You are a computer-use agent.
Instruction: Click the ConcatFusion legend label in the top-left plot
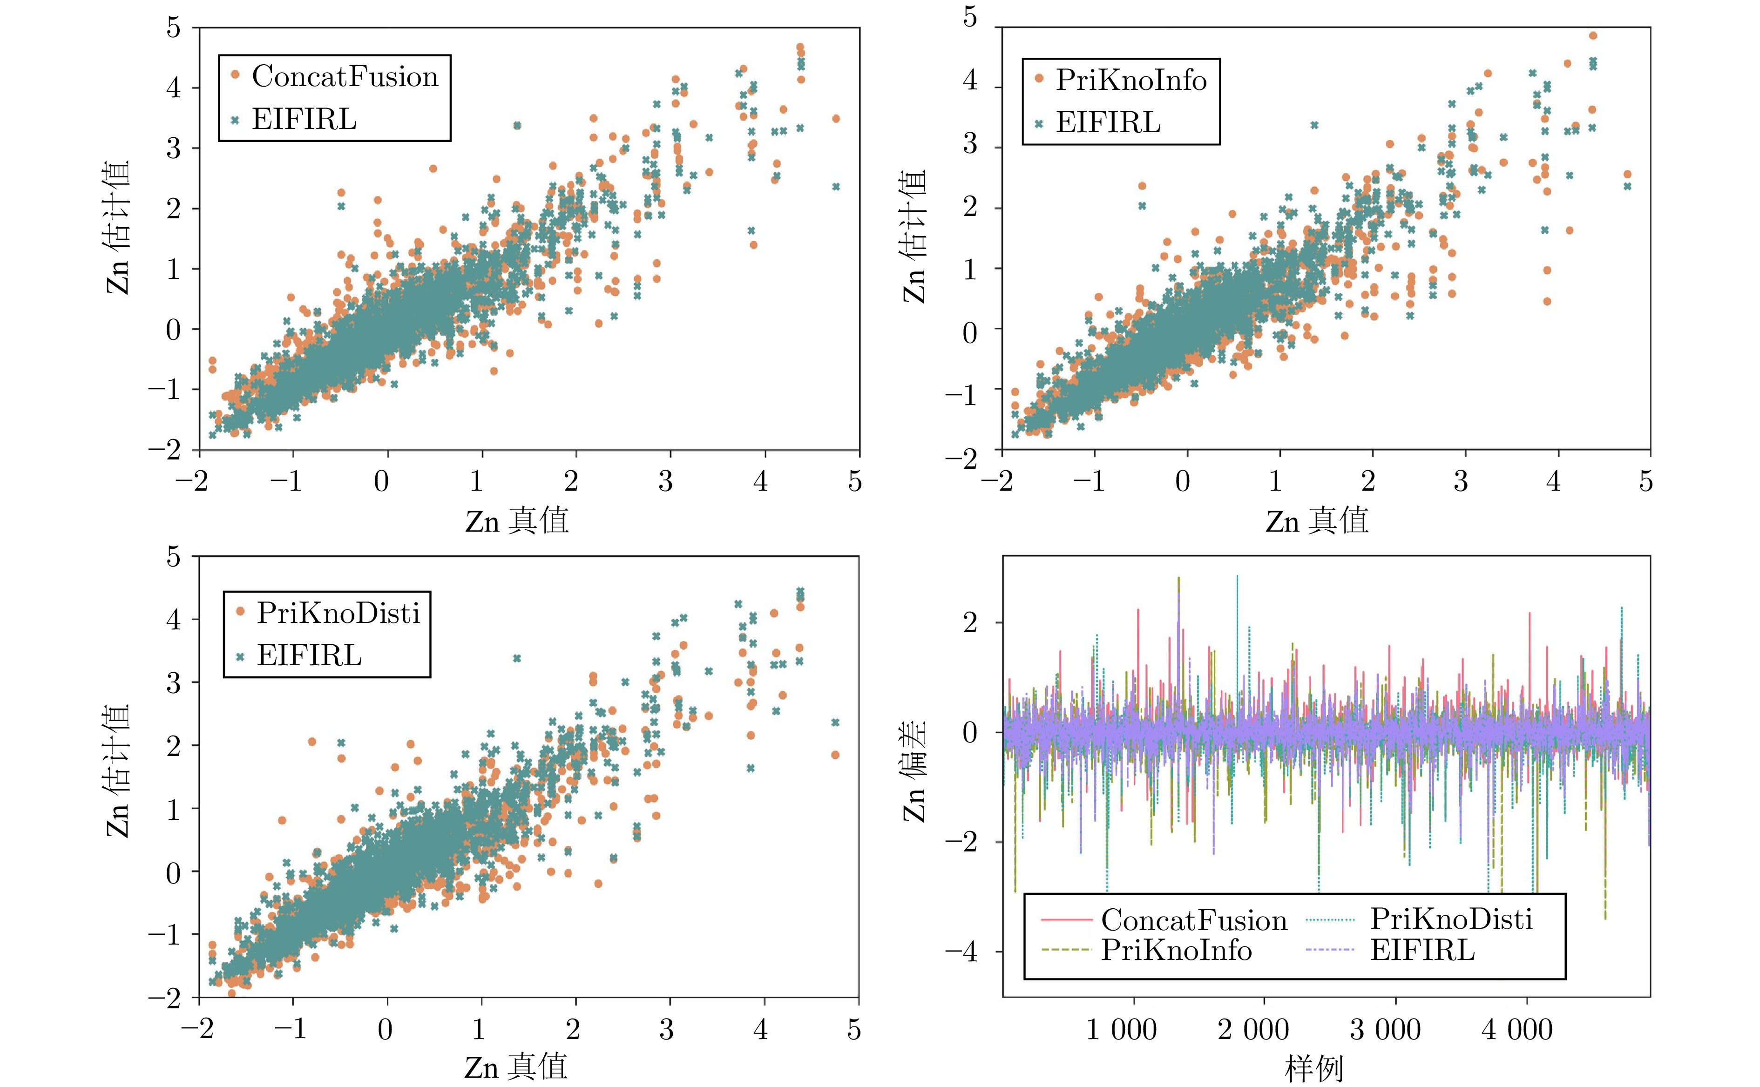(x=345, y=77)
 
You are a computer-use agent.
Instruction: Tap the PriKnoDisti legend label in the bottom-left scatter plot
(x=338, y=613)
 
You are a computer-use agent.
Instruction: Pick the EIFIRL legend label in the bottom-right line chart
(x=1422, y=951)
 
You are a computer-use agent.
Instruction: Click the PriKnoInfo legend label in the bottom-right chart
(x=1176, y=951)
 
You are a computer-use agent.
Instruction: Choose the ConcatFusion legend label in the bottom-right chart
(x=1193, y=920)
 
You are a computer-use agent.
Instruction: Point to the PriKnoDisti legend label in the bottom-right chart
(x=1451, y=919)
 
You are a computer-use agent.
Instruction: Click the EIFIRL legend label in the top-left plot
(x=304, y=119)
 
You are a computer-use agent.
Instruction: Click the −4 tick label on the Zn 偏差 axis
(x=961, y=952)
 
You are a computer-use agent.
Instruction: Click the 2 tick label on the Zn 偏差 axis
(x=970, y=622)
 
